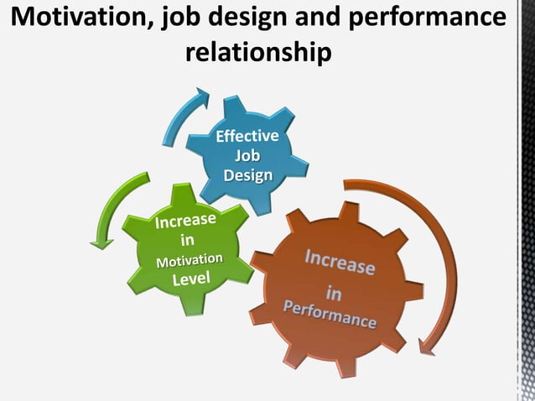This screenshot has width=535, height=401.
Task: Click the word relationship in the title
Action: point(257,53)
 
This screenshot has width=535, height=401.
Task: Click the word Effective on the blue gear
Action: point(248,136)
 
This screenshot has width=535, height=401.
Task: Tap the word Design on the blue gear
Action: point(247,174)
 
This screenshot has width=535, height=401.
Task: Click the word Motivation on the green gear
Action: point(190,261)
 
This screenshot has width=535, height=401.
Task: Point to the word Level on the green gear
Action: point(191,279)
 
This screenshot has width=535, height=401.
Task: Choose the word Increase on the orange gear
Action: point(339,260)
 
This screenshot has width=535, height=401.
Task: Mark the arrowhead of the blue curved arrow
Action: point(201,96)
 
